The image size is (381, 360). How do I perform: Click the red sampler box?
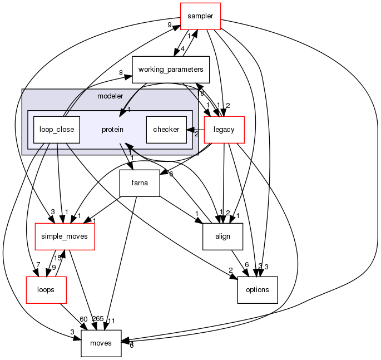pos(200,16)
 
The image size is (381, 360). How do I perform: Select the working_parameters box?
pos(170,70)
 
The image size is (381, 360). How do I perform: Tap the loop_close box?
pos(56,130)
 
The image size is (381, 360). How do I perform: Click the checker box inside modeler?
pos(166,130)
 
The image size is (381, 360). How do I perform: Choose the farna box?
pos(140,183)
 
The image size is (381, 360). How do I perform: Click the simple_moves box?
pos(65,236)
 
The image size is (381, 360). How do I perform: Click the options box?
pos(257,290)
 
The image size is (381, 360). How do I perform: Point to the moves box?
pos(101,343)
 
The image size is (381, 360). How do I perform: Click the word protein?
pos(112,130)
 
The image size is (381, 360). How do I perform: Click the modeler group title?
pos(110,96)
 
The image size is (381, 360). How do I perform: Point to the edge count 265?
pos(98,319)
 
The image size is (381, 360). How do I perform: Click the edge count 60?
pos(83,319)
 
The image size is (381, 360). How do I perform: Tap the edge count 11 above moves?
pos(112,320)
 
